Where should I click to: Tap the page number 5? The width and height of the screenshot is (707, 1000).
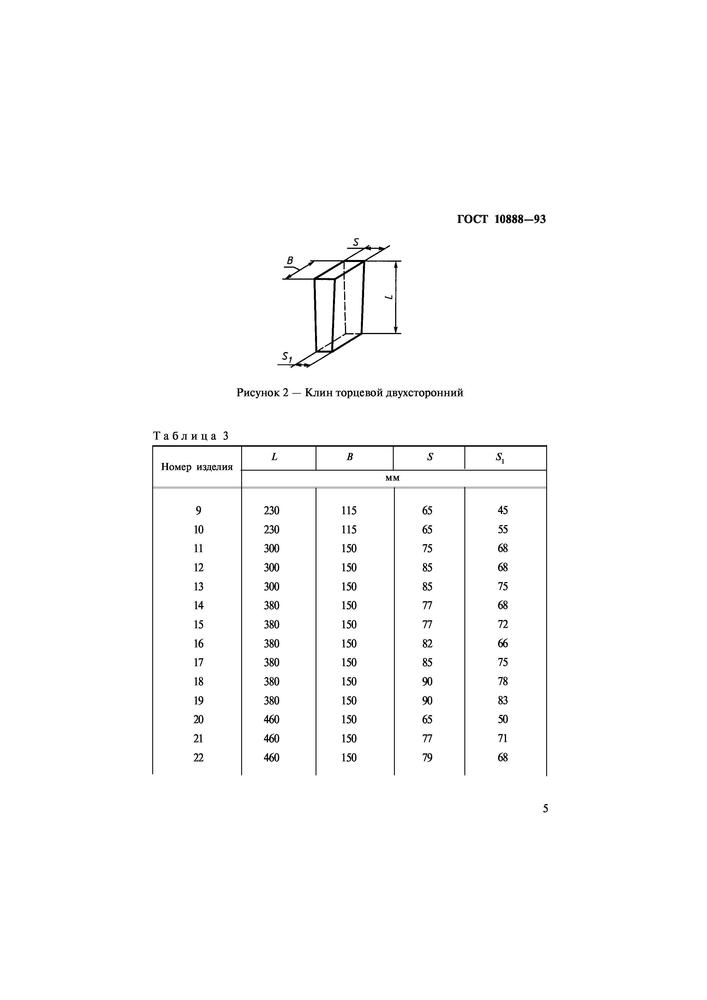pyautogui.click(x=545, y=809)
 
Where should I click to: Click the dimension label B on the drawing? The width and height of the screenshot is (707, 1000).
pyautogui.click(x=290, y=261)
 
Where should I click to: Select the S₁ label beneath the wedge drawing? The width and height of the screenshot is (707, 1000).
pyautogui.click(x=287, y=357)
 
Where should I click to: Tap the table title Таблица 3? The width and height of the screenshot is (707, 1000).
pyautogui.click(x=191, y=436)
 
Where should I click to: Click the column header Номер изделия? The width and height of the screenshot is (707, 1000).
pyautogui.click(x=197, y=467)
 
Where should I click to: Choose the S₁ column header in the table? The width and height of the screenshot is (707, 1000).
pyautogui.click(x=500, y=458)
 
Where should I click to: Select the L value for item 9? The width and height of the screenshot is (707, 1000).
pyautogui.click(x=271, y=511)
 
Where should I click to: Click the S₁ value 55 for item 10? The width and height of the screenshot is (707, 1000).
pyautogui.click(x=503, y=530)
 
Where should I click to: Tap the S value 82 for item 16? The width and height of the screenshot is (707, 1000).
pyautogui.click(x=427, y=644)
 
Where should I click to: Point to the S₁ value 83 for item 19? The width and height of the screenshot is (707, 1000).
pyautogui.click(x=503, y=701)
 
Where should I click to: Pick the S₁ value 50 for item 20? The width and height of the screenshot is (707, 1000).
pyautogui.click(x=503, y=719)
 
